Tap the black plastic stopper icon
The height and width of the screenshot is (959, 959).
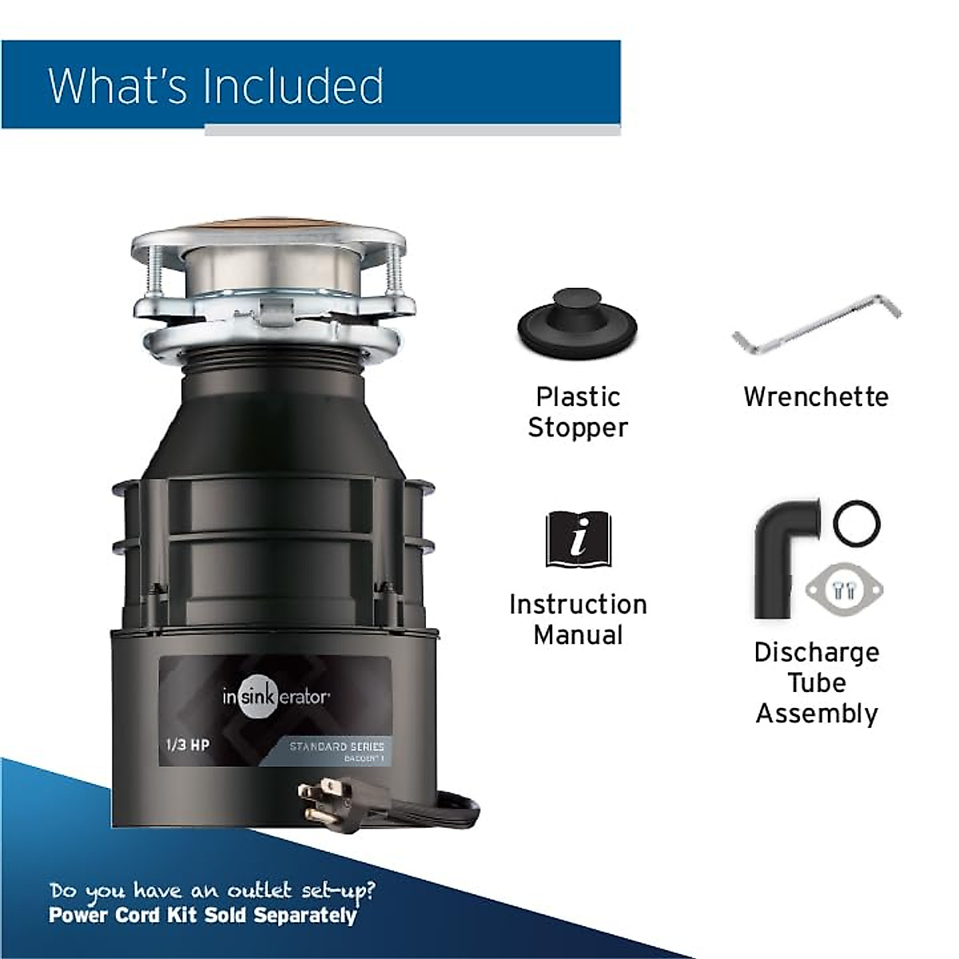tap(577, 323)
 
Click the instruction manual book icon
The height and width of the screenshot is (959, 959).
tap(578, 539)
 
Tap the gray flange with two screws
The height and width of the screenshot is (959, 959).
tap(842, 590)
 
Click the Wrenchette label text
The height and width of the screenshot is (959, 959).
tap(816, 397)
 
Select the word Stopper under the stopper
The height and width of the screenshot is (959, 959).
tap(578, 428)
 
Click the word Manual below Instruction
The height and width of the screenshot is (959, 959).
tap(578, 635)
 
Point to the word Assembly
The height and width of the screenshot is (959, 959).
tap(816, 714)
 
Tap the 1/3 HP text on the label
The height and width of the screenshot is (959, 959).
tap(187, 745)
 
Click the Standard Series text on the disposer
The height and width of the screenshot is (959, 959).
tap(336, 746)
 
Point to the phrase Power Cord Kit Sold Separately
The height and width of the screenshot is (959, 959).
tap(202, 915)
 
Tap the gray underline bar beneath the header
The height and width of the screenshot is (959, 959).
tap(412, 130)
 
